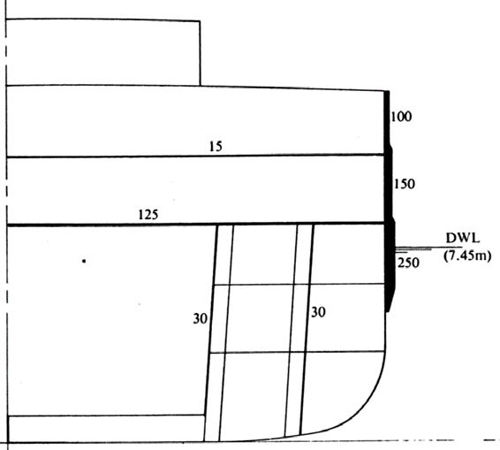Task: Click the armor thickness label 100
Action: (401, 117)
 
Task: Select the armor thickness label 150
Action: (405, 184)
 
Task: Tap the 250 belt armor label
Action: (408, 263)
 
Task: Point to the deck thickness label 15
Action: (216, 147)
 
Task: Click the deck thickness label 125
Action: (148, 215)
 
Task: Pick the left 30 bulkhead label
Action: (201, 318)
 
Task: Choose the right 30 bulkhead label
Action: (318, 312)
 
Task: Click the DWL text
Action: (462, 238)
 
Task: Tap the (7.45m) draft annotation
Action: (467, 256)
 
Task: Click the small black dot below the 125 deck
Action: (84, 261)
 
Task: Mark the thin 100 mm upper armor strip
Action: (386, 118)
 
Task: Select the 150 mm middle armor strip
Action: (389, 184)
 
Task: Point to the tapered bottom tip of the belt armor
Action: (388, 311)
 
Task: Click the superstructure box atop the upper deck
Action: (103, 52)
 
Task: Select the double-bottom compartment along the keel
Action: (106, 429)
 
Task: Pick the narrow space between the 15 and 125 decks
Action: (195, 190)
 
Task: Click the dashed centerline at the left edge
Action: (6, 224)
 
